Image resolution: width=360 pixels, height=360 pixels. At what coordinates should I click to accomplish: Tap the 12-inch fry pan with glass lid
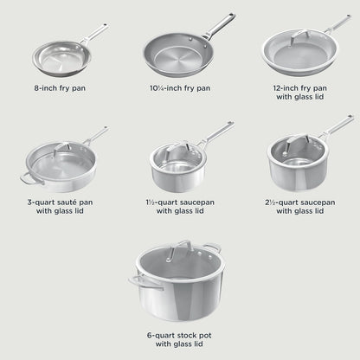pyautogui.click(x=297, y=54)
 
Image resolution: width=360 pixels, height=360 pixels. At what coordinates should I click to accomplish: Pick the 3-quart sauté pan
pyautogui.click(x=59, y=169)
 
